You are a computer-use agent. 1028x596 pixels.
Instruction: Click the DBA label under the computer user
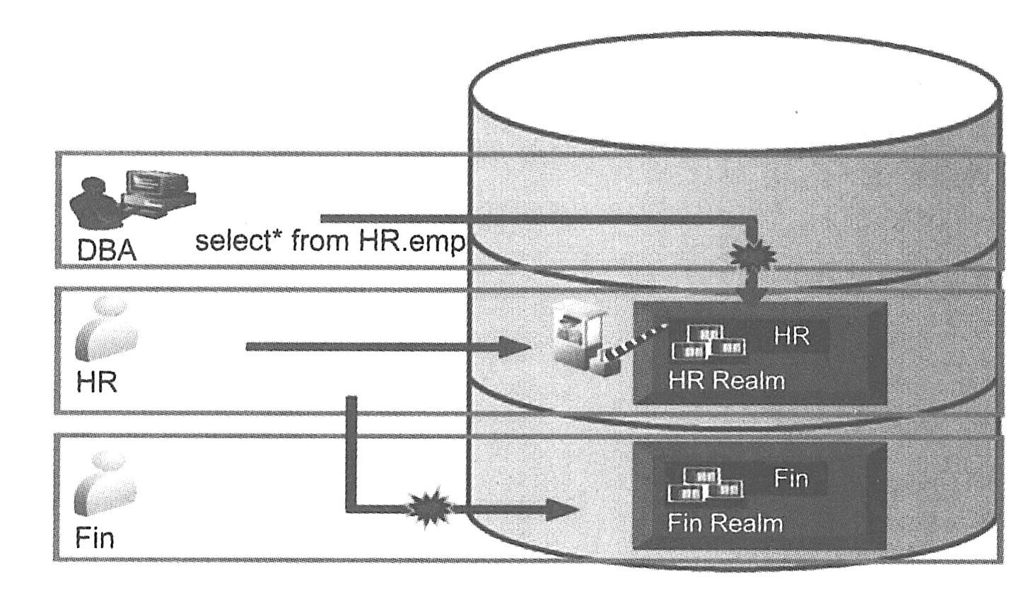[106, 251]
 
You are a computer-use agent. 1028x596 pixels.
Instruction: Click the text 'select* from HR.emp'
[329, 242]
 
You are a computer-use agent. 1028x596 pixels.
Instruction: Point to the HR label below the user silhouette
[97, 382]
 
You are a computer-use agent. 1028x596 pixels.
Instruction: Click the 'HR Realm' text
[726, 381]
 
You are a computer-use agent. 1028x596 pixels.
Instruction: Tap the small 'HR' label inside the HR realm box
[791, 336]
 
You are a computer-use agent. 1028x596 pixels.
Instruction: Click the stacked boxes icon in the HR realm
[708, 341]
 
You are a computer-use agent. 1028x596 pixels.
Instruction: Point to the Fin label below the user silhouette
[95, 538]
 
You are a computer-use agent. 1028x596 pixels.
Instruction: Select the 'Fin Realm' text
[725, 524]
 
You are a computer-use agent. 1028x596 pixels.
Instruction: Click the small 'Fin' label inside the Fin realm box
[790, 479]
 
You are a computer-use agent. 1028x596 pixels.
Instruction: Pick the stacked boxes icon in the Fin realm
[705, 484]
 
